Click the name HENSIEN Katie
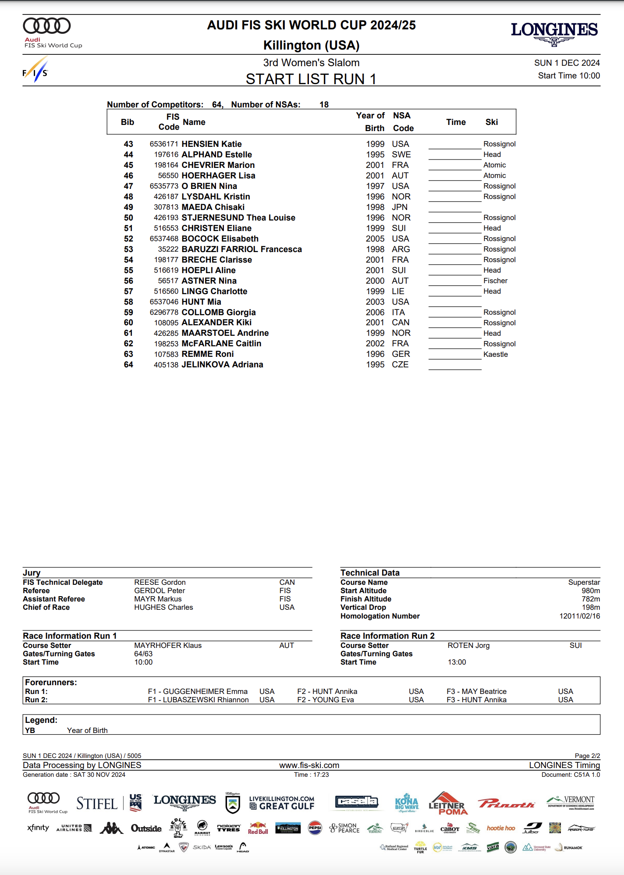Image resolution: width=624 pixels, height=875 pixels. click(212, 144)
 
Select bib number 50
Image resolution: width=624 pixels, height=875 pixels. click(128, 218)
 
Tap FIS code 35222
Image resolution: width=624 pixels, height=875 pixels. click(168, 249)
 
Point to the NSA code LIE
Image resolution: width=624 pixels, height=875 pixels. click(398, 292)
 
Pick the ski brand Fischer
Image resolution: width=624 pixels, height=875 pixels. click(495, 281)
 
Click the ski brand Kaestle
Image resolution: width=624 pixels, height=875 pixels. click(496, 355)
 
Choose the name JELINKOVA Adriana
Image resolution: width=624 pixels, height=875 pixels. click(222, 365)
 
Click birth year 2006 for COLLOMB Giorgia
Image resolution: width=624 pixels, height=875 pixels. click(375, 313)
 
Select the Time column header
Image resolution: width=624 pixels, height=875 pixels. click(456, 122)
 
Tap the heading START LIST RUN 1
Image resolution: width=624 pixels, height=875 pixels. click(311, 79)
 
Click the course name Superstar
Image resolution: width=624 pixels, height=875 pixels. click(584, 583)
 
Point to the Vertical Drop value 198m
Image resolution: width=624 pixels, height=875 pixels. click(591, 608)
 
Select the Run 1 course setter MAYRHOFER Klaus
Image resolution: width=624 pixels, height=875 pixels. click(168, 646)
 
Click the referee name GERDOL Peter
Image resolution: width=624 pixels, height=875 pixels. click(160, 591)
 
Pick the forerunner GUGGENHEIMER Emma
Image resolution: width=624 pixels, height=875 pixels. click(205, 692)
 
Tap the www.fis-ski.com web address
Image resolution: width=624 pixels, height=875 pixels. click(309, 765)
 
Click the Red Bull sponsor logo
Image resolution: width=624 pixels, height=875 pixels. click(258, 828)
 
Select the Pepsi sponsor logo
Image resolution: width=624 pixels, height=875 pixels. click(315, 828)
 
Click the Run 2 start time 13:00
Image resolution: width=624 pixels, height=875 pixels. click(457, 662)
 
